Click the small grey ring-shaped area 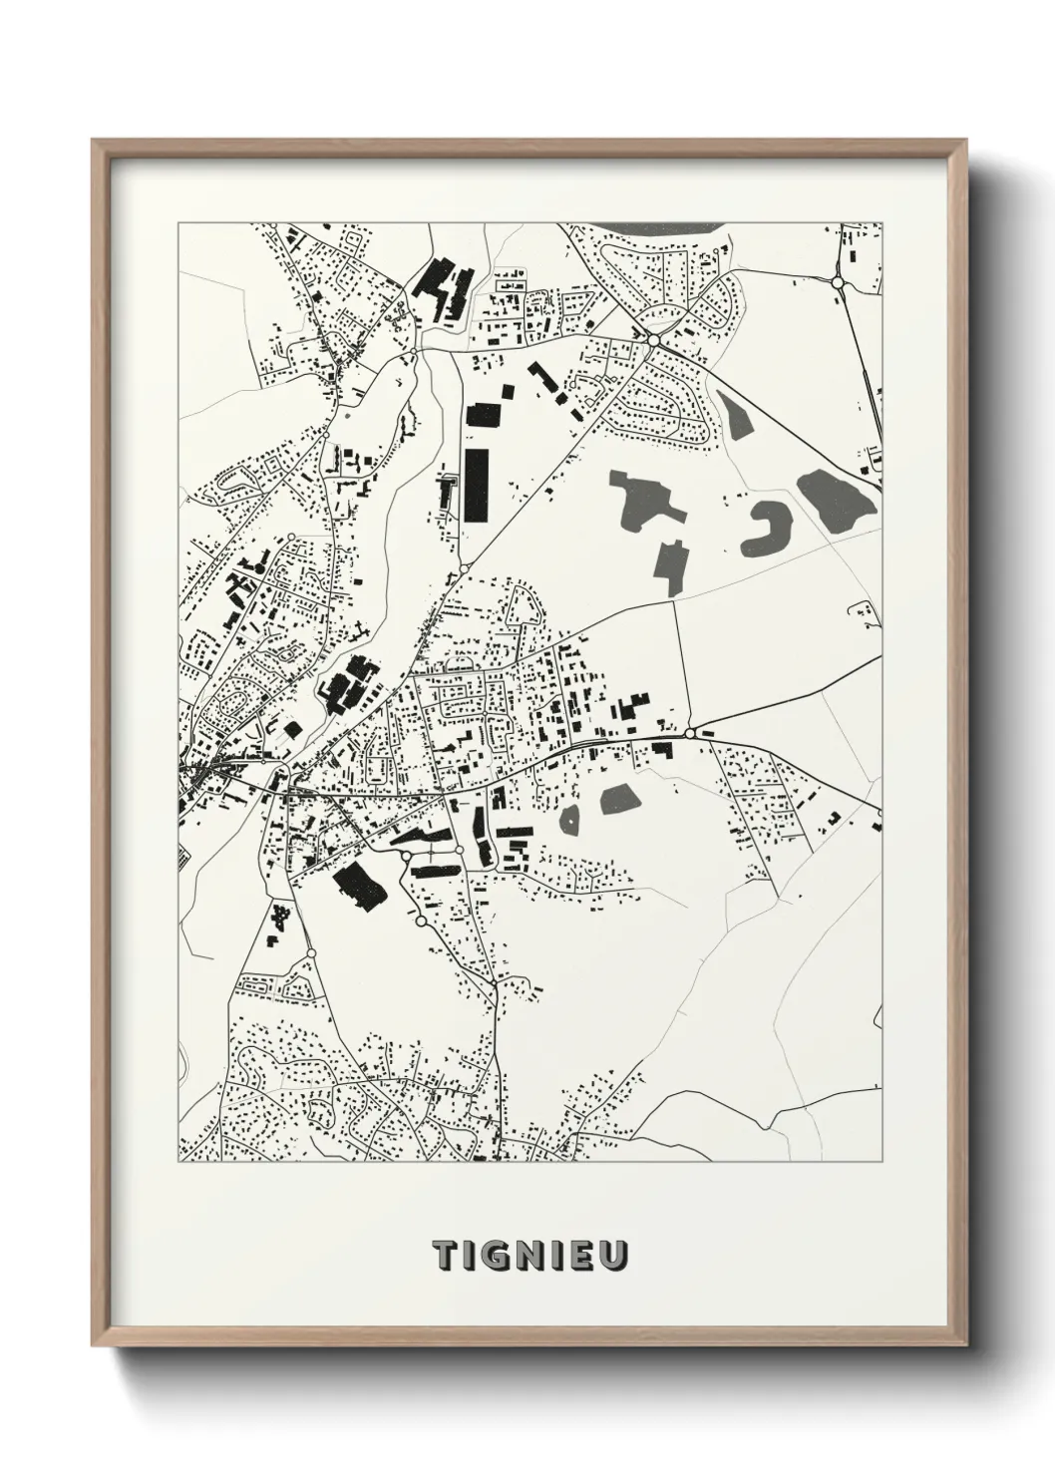coord(570,820)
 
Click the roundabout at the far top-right coord(837,283)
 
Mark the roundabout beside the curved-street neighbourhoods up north coord(653,340)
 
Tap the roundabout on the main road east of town coord(689,733)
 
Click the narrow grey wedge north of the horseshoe coord(739,417)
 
